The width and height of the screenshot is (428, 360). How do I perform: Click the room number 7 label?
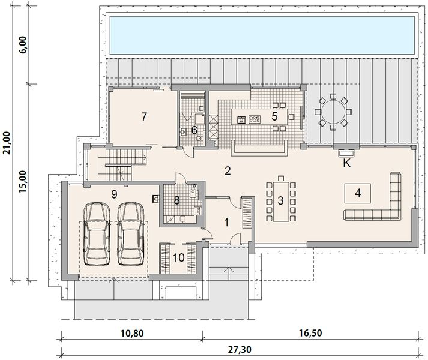[x=143, y=116]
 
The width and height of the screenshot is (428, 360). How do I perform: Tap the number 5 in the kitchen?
[x=274, y=116]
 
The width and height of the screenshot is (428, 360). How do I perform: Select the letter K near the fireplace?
[x=346, y=163]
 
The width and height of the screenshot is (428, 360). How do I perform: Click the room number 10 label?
[x=179, y=258]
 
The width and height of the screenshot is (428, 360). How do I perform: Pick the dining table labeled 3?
[x=280, y=200]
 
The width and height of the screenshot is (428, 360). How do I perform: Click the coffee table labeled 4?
[x=358, y=193]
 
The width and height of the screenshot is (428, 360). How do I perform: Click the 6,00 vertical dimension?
[x=23, y=46]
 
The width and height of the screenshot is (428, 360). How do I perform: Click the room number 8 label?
[x=177, y=201]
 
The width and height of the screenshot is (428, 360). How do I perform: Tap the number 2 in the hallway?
[x=228, y=170]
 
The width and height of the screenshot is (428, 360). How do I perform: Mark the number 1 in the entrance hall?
[x=226, y=223]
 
